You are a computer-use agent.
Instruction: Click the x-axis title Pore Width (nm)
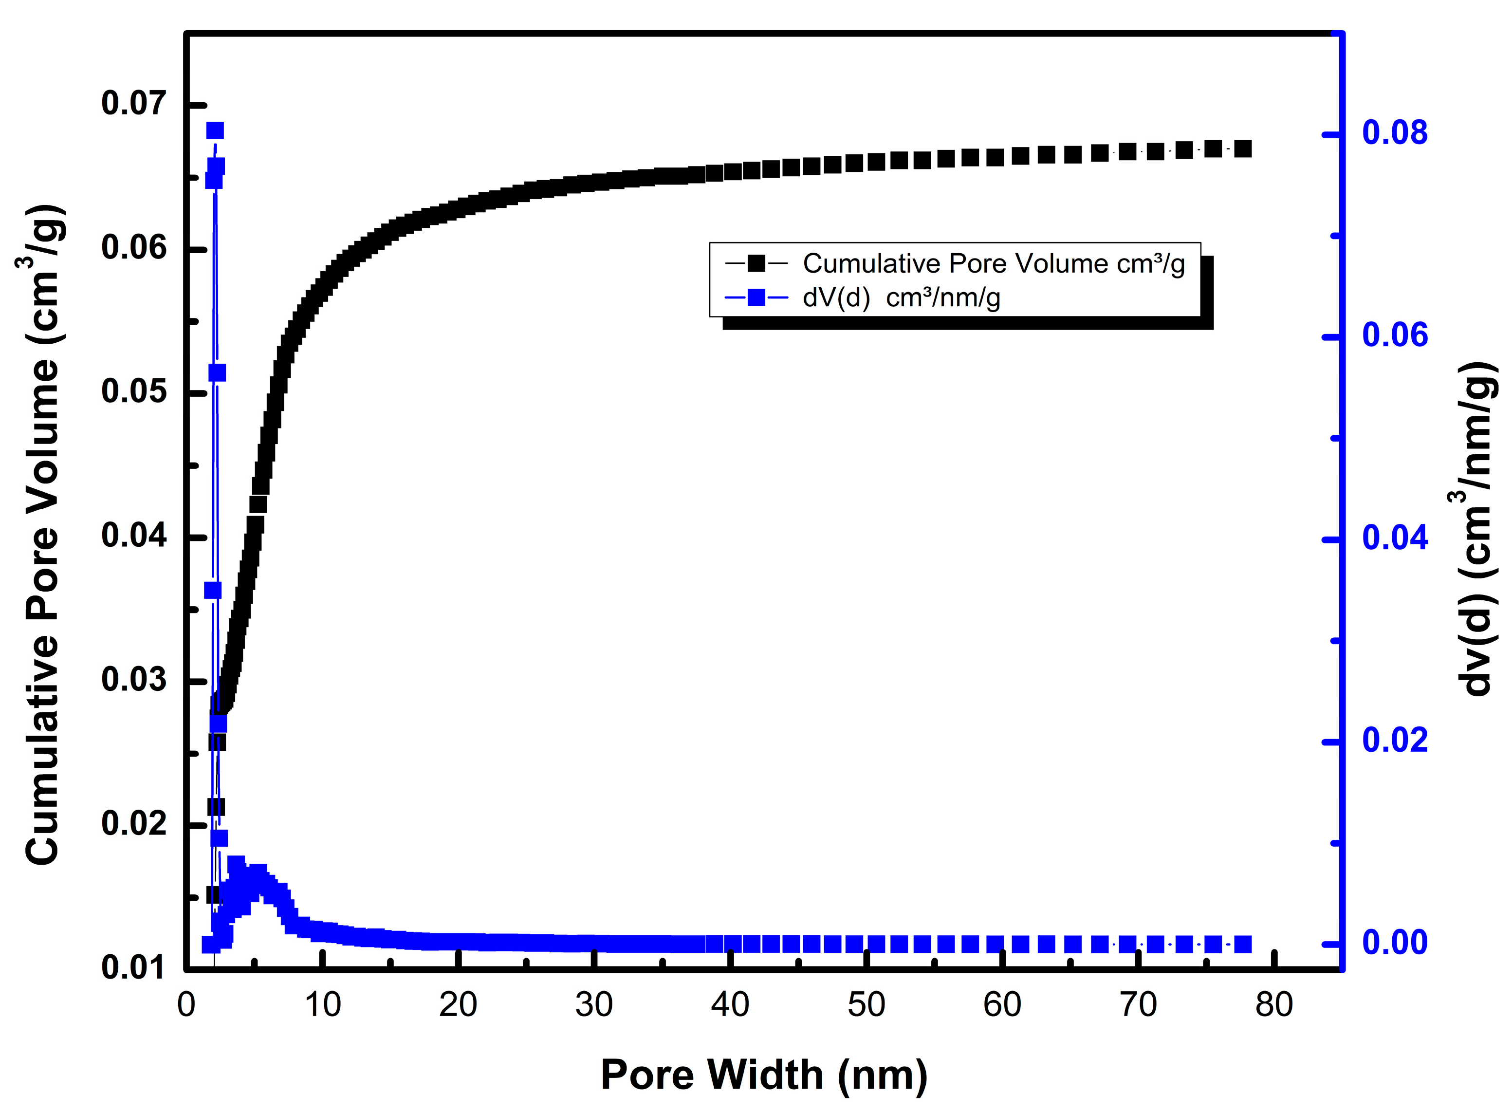(x=764, y=1074)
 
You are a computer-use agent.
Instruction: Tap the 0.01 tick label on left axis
(x=133, y=967)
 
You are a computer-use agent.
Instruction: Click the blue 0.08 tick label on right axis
(x=1394, y=133)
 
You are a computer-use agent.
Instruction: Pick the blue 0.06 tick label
(x=1394, y=335)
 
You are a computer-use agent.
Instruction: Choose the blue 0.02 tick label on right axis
(x=1394, y=740)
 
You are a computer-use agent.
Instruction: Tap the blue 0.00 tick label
(x=1394, y=942)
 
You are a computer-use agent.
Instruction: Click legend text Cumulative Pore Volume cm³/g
(x=994, y=264)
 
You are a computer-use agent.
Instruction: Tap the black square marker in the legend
(x=756, y=263)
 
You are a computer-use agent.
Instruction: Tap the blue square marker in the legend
(x=756, y=297)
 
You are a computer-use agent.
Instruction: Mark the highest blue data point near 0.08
(x=215, y=130)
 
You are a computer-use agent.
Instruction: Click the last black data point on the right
(x=1243, y=149)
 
